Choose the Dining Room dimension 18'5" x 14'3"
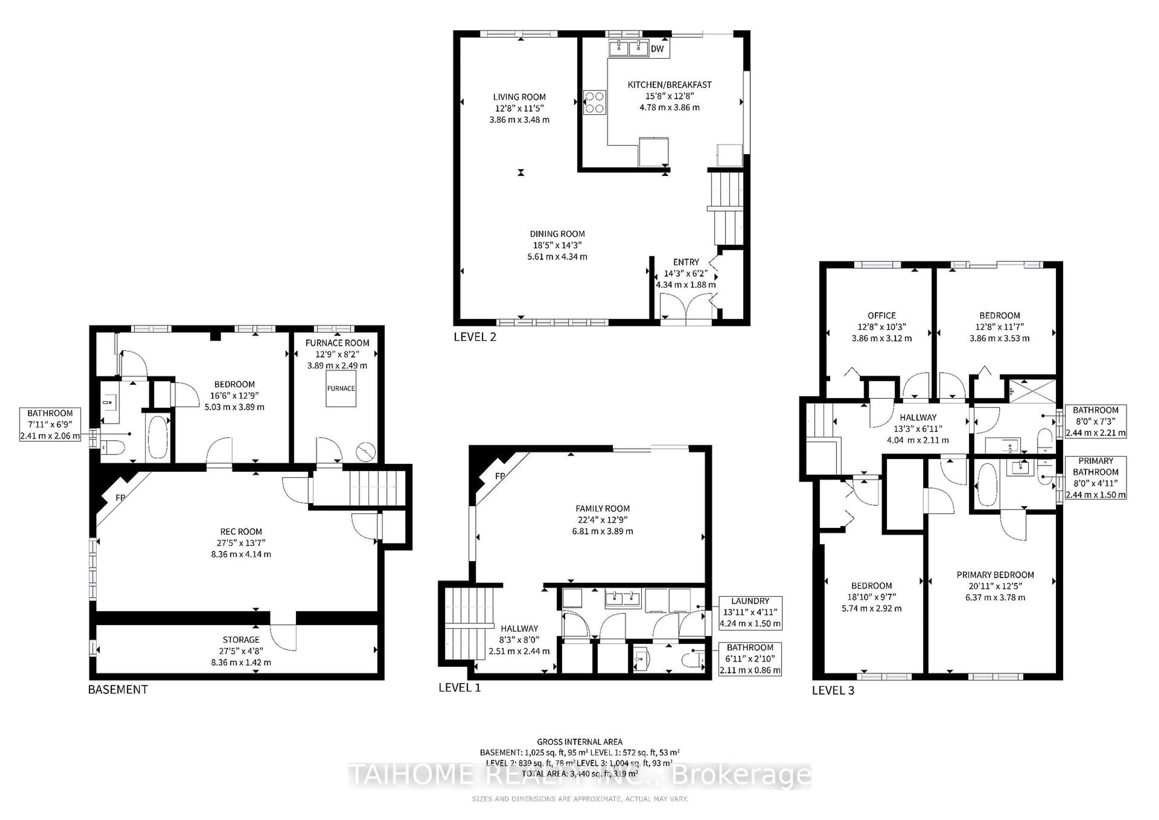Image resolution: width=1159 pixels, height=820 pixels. pyautogui.click(x=557, y=245)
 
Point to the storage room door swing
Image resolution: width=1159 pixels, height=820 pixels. pyautogui.click(x=283, y=637)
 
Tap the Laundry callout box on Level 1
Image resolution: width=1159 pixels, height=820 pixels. pyautogui.click(x=750, y=612)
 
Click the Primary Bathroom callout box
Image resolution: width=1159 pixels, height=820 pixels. pyautogui.click(x=1095, y=478)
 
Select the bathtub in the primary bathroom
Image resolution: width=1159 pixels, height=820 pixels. pyautogui.click(x=987, y=485)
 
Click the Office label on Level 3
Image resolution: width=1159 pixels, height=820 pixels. pyautogui.click(x=881, y=315)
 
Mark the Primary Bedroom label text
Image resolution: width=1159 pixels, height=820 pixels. pyautogui.click(x=995, y=575)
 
